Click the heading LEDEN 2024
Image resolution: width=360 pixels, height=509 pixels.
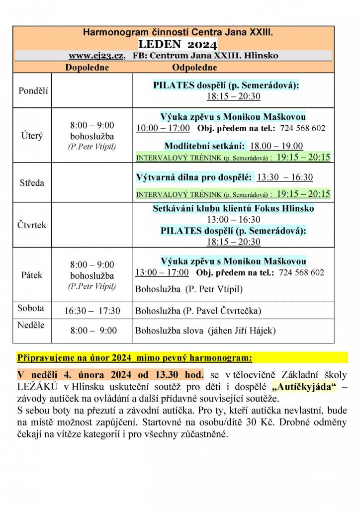coord(178,44)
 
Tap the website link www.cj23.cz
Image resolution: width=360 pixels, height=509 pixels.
coord(96,55)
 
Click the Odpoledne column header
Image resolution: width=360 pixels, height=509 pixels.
coord(194,67)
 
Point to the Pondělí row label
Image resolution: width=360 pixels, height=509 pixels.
coord(34,90)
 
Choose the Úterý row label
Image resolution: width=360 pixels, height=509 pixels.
coord(32,135)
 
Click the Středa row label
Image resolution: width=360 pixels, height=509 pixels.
coord(32,183)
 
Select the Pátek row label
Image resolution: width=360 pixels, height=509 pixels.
coord(32,275)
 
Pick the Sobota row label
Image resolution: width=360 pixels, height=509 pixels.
coord(31,308)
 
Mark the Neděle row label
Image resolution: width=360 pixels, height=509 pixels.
coord(31,325)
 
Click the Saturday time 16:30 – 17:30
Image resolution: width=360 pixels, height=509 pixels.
coord(92,311)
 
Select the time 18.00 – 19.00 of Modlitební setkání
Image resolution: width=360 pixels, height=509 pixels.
coord(276,146)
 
